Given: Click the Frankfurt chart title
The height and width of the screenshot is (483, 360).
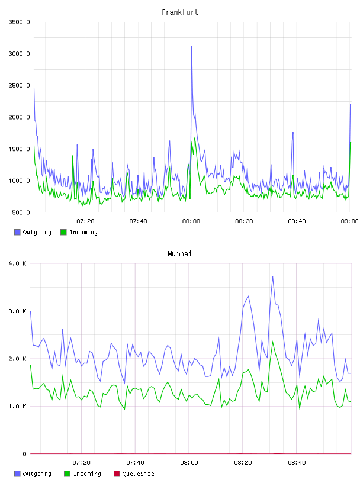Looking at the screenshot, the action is click(x=180, y=12).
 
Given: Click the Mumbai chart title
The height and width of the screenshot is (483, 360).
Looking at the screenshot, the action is click(x=179, y=254).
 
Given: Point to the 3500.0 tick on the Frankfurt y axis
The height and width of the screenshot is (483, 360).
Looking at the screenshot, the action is click(x=19, y=22).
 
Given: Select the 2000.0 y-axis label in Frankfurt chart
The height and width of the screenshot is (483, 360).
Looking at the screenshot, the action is click(x=19, y=117).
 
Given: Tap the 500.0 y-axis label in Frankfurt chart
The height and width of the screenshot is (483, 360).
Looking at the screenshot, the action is click(x=21, y=212).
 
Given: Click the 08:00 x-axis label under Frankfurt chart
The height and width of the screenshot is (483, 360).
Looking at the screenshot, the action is click(x=191, y=221).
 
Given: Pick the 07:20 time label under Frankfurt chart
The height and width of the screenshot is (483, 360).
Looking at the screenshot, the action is click(x=85, y=221).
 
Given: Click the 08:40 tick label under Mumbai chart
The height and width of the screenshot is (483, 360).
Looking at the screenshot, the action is click(x=297, y=463).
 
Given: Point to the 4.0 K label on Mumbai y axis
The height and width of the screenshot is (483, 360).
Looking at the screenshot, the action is click(x=18, y=263).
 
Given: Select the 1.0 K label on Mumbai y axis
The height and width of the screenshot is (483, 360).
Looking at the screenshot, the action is click(x=18, y=406).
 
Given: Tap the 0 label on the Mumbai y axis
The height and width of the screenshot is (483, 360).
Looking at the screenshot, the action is click(x=25, y=454).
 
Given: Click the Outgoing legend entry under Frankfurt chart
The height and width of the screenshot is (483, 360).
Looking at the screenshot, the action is click(x=33, y=232).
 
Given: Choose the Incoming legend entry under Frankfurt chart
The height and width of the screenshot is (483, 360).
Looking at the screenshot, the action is click(x=79, y=232).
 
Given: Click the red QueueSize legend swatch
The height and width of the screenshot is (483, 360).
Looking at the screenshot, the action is click(x=117, y=474).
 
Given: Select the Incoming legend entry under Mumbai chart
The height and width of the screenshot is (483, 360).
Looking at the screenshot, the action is click(x=83, y=474).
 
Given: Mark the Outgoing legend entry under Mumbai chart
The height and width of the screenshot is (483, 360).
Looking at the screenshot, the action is click(x=33, y=474).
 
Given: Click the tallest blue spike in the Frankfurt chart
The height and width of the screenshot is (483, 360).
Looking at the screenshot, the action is click(x=192, y=46).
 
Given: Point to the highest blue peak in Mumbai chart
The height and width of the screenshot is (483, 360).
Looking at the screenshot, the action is click(x=272, y=277).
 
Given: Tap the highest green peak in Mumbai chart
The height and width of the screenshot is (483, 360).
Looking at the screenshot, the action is click(x=272, y=342).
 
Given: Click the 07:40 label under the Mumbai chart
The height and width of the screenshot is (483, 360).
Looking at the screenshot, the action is click(x=135, y=463).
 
